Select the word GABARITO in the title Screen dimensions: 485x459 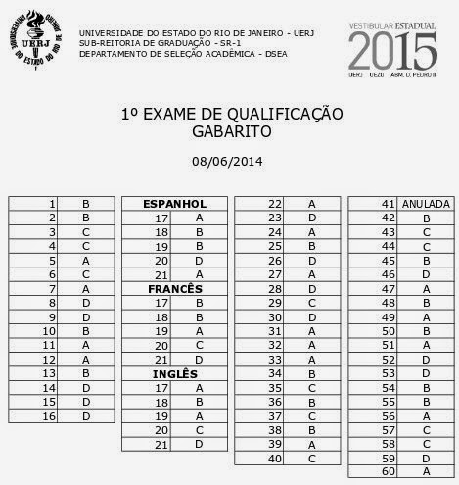pos(228,130)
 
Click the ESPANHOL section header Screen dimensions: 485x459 pos(174,203)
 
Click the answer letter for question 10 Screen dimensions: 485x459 pos(86,331)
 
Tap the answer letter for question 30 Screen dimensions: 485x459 pos(311,316)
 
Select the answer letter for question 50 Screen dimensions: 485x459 pos(426,331)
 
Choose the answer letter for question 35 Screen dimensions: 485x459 pos(311,388)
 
